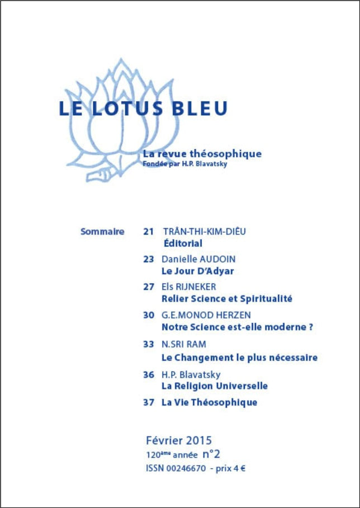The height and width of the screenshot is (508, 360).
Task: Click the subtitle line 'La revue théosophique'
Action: (202, 154)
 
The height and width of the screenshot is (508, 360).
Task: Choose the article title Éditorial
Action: (183, 243)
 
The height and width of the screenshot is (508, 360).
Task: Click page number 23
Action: (148, 260)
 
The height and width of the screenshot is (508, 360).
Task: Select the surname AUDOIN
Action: (216, 260)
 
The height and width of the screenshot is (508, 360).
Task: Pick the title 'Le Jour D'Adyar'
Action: (197, 271)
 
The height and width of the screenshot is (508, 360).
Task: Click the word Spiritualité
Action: (264, 299)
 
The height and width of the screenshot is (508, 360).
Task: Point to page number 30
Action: (148, 315)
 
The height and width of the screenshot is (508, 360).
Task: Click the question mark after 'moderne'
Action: (310, 327)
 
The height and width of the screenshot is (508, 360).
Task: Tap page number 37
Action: (148, 402)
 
